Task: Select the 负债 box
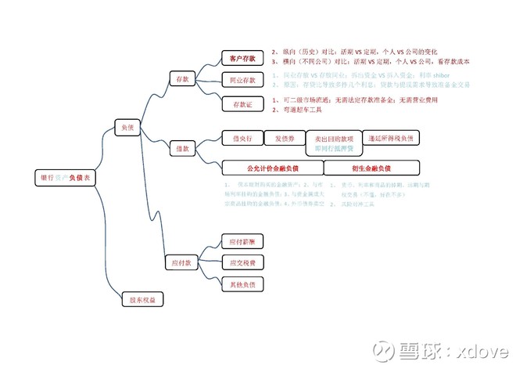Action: [x=126, y=126]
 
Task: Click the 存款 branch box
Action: [x=183, y=78]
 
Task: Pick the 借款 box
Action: [x=182, y=146]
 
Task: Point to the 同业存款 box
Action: [x=242, y=80]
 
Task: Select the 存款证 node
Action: [x=241, y=104]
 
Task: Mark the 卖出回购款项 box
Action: [x=333, y=139]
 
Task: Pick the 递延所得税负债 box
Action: [x=393, y=138]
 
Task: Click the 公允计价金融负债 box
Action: [x=271, y=168]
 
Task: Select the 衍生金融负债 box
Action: [x=371, y=168]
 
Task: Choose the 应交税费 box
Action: [x=242, y=262]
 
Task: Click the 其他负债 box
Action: [x=242, y=283]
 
